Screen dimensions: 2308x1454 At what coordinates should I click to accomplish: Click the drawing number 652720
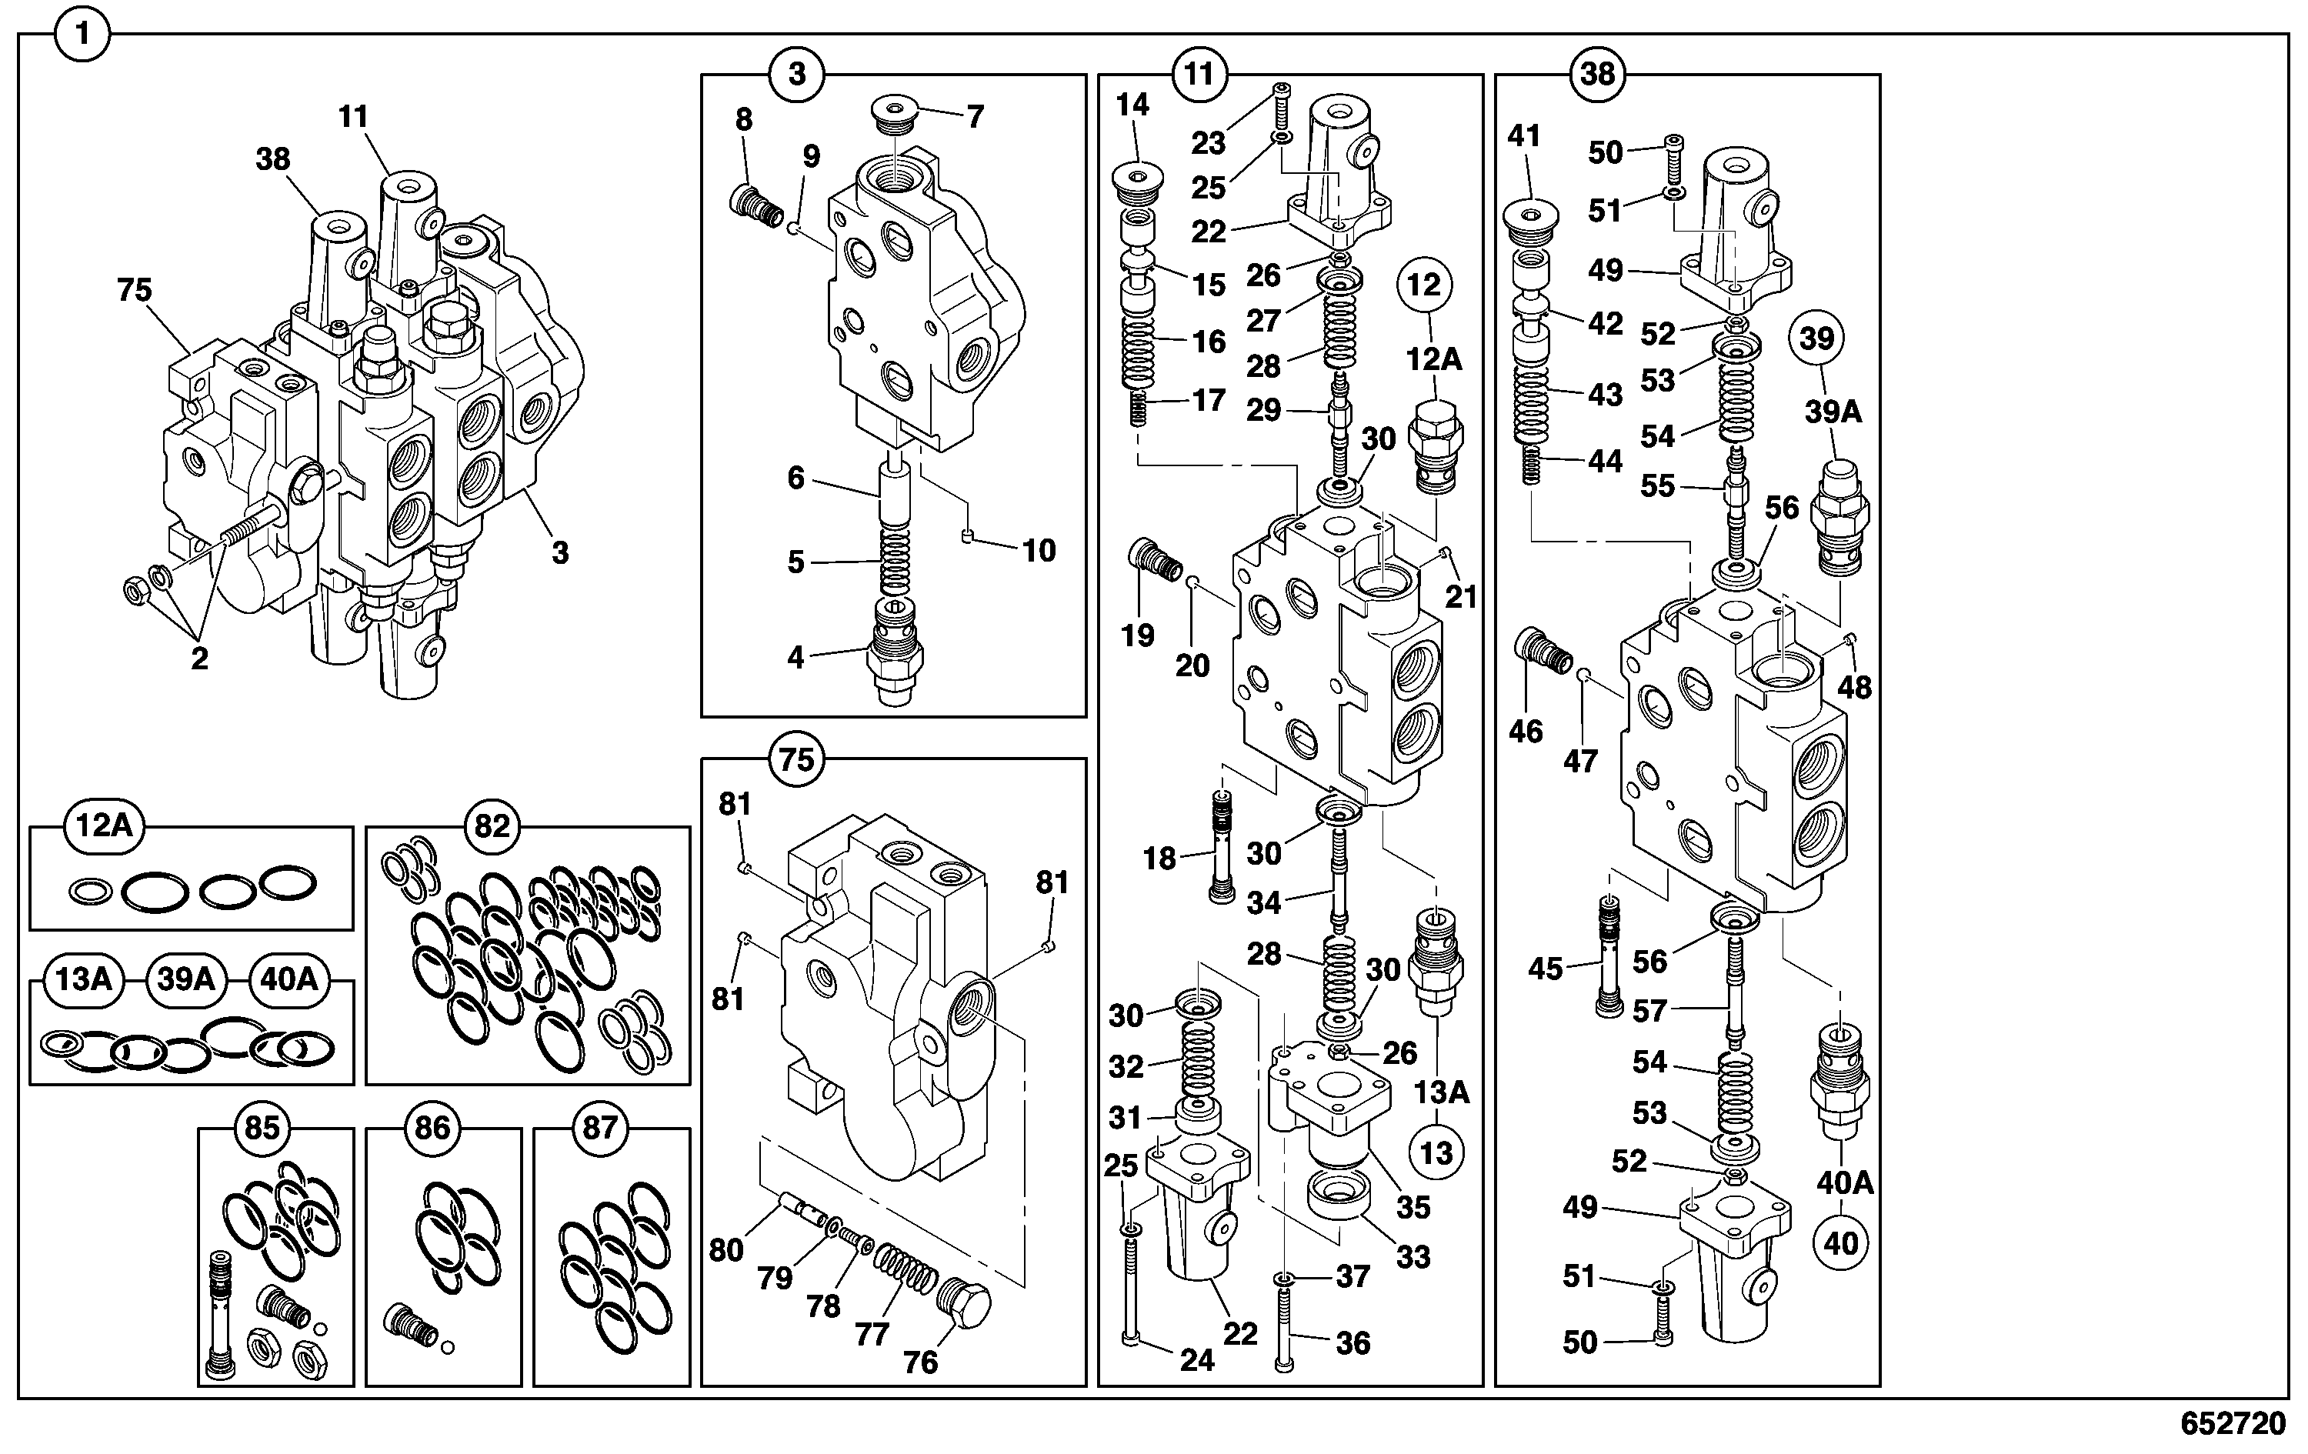pyautogui.click(x=2233, y=1424)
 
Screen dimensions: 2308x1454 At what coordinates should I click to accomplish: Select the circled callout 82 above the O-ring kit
pyautogui.click(x=492, y=825)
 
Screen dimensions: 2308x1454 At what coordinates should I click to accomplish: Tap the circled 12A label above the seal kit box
pyautogui.click(x=104, y=825)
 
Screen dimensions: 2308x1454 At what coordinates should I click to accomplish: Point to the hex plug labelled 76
pyautogui.click(x=964, y=1303)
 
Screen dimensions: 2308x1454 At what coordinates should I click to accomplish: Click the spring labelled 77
pyautogui.click(x=907, y=1270)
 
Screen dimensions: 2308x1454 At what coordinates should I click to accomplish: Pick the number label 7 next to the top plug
pyautogui.click(x=975, y=117)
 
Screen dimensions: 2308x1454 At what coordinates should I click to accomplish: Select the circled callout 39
pyautogui.click(x=1816, y=338)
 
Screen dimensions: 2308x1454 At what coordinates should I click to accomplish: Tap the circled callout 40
pyautogui.click(x=1840, y=1243)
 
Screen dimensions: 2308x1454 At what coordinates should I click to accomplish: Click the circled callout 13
pyautogui.click(x=1436, y=1152)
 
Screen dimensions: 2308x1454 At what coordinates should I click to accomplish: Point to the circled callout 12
pyautogui.click(x=1424, y=285)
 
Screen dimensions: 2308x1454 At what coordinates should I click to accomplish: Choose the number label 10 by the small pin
pyautogui.click(x=1039, y=550)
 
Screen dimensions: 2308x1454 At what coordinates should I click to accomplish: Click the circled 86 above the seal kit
pyautogui.click(x=432, y=1127)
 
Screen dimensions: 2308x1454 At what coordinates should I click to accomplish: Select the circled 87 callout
pyautogui.click(x=600, y=1127)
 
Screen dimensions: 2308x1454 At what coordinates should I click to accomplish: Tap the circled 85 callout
pyautogui.click(x=262, y=1127)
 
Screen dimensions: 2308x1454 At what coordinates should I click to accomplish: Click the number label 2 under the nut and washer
pyautogui.click(x=199, y=659)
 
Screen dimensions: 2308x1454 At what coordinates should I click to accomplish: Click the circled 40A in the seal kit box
pyautogui.click(x=289, y=979)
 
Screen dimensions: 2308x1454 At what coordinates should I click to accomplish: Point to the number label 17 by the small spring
pyautogui.click(x=1209, y=400)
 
